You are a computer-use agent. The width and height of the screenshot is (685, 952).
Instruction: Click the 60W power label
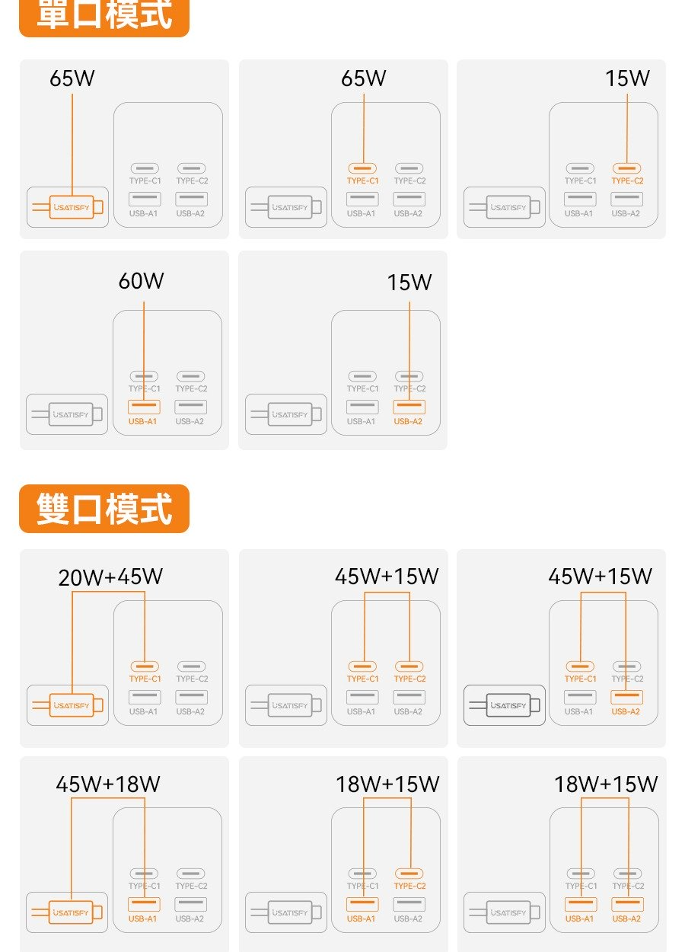[141, 281]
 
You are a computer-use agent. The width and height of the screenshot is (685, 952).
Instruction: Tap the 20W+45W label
[110, 577]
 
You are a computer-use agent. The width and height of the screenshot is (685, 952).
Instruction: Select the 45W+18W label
[108, 784]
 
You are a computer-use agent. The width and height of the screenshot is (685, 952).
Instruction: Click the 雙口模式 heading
[104, 509]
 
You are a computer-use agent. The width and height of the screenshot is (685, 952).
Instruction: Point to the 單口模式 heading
[104, 15]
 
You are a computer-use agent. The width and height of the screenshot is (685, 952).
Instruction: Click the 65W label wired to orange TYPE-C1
[364, 78]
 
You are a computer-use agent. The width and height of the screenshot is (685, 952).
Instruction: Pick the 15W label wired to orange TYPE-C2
[627, 78]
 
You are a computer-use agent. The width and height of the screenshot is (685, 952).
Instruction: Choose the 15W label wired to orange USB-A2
[409, 283]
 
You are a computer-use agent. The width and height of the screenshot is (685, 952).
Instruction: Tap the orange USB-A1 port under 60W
[144, 407]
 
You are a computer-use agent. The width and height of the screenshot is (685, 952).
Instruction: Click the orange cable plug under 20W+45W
[71, 705]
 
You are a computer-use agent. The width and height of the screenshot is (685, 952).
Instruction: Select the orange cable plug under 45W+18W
[71, 912]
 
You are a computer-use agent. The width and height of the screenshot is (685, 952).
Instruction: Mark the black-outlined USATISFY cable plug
[508, 705]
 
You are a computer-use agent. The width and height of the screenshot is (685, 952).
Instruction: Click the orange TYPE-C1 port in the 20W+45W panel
[145, 666]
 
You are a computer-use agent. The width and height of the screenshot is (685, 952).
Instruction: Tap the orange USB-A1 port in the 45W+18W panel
[144, 904]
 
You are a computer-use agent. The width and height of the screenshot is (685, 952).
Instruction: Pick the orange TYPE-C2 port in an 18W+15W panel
[409, 874]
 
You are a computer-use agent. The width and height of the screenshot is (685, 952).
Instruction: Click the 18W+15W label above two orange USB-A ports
[606, 784]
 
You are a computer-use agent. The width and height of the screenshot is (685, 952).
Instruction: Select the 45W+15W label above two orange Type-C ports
[387, 577]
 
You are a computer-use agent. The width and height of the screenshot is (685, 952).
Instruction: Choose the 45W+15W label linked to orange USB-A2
[600, 577]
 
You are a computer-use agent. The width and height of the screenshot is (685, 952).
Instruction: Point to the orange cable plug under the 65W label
[71, 207]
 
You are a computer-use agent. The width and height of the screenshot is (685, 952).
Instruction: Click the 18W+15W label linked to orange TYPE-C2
[387, 784]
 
